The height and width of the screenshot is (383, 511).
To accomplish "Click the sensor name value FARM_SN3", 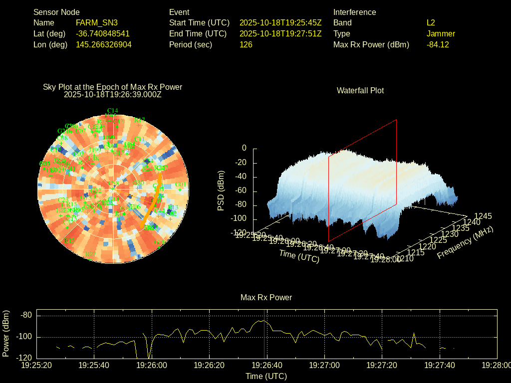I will [x=97, y=22].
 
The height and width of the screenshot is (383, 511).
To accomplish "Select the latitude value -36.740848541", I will [x=103, y=33].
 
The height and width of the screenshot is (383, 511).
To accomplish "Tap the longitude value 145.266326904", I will [x=104, y=44].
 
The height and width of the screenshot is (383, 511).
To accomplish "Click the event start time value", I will [x=280, y=22].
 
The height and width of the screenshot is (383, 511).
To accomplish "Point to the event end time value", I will [x=280, y=33].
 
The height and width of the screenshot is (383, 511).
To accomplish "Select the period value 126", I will [x=246, y=44].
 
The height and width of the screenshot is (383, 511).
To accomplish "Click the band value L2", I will [x=431, y=22].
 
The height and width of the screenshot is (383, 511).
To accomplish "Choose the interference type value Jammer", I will [x=441, y=33].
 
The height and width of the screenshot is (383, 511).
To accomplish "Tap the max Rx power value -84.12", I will [x=438, y=44].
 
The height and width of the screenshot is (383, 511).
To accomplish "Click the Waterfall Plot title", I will [x=360, y=90].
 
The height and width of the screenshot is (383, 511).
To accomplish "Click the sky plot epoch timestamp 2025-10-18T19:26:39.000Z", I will [x=113, y=94].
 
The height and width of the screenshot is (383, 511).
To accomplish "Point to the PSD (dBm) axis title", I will [x=221, y=191].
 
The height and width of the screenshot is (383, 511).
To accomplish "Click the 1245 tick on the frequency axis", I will [x=483, y=216].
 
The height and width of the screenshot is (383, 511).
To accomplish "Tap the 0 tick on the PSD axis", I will [x=244, y=148].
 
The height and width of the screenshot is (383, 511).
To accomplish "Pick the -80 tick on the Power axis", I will [x=26, y=315].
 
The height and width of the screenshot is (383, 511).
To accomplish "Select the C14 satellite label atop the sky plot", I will [x=113, y=111].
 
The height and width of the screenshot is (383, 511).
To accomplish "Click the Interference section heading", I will [x=355, y=12].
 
